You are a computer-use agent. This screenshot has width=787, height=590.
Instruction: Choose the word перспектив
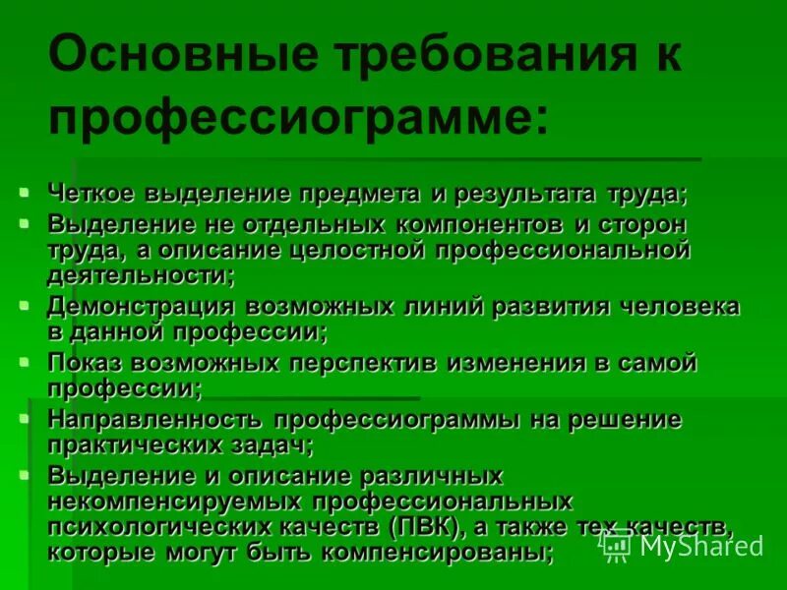[363, 363]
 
